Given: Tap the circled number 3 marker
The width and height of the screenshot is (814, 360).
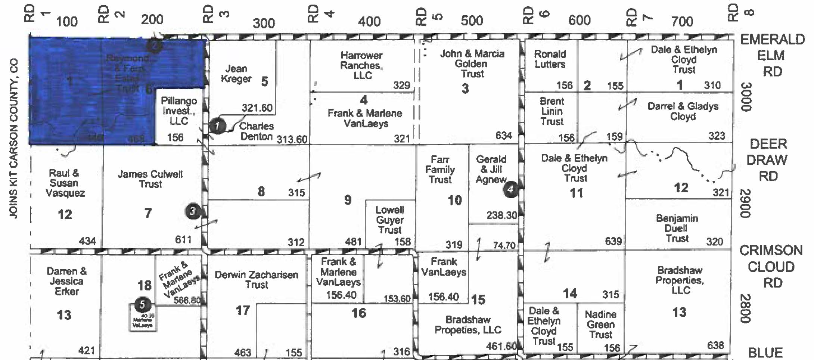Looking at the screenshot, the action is click(193, 211).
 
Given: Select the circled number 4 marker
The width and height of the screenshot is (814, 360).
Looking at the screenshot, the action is click(510, 189).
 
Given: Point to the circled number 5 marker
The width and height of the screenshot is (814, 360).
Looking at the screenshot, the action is click(142, 304).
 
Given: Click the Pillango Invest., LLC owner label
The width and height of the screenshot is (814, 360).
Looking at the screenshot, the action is click(178, 111).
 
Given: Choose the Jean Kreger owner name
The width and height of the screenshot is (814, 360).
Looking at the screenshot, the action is click(236, 74).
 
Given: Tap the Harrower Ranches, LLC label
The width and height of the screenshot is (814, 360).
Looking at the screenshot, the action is click(361, 65).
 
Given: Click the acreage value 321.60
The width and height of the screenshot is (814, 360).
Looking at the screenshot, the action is click(257, 108).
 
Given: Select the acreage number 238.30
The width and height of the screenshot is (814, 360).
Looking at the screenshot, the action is click(501, 215).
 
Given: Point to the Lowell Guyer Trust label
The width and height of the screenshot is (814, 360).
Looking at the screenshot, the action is click(389, 220).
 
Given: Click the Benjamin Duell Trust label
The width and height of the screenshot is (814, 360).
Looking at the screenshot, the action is click(677, 228).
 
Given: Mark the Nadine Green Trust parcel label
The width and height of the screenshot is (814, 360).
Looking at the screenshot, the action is click(600, 324).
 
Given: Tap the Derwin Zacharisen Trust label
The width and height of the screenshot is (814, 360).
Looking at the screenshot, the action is click(257, 279).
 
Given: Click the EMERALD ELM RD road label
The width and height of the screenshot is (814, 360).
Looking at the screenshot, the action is click(772, 55).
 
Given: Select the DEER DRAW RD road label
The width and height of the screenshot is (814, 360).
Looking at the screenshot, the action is click(768, 160).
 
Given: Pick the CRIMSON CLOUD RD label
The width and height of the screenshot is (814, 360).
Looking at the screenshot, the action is click(771, 266).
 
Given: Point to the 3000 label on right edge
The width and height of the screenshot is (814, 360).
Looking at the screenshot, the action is click(746, 97).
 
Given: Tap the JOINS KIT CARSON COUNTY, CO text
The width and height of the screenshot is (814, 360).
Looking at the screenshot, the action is click(13, 138).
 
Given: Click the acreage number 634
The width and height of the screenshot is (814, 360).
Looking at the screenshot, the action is click(503, 136).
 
